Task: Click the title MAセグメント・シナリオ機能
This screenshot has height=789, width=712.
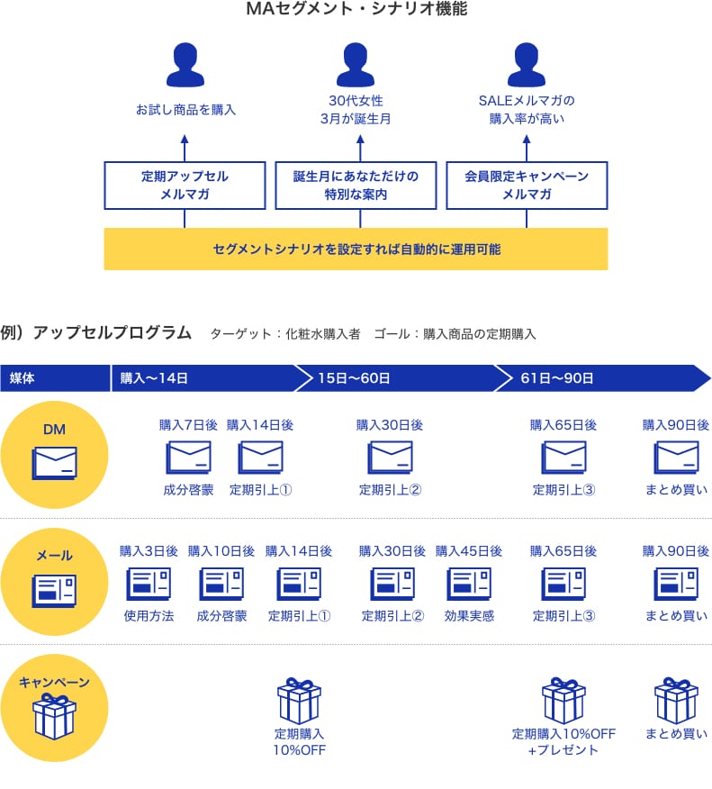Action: [356, 10]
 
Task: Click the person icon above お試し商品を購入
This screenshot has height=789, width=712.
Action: [185, 66]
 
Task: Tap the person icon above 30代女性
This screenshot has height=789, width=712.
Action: [356, 66]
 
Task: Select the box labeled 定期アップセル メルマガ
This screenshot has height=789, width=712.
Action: [185, 186]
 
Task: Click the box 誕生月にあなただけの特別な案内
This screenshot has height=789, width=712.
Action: [356, 186]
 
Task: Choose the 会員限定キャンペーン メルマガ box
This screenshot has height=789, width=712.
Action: [527, 186]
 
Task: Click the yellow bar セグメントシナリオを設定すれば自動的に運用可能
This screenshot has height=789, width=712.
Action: [356, 249]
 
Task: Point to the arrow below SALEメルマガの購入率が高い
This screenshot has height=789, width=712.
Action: [527, 147]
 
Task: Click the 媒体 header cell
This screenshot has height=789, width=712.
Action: [54, 378]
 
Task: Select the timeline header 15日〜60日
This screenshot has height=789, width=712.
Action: [396, 378]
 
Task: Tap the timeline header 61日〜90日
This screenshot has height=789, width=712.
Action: [599, 378]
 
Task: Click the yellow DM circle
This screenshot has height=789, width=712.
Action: [54, 455]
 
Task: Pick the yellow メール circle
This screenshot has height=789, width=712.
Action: [54, 582]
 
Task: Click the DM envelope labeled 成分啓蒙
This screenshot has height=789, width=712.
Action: [188, 458]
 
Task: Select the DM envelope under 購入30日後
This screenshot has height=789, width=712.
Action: [390, 458]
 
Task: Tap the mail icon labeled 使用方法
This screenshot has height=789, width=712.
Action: [149, 585]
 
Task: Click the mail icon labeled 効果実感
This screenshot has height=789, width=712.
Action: [469, 585]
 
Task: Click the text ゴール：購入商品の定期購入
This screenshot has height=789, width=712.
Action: [455, 334]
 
